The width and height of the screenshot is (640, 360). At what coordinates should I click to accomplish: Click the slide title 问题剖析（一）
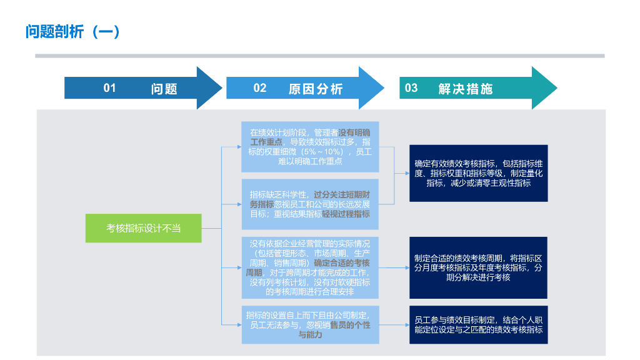[x=72, y=32]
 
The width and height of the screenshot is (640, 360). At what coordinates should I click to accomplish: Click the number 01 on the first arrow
[x=110, y=88]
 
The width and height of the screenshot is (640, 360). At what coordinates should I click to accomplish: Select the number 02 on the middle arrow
[x=260, y=88]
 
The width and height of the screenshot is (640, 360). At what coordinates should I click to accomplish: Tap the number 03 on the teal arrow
[x=411, y=88]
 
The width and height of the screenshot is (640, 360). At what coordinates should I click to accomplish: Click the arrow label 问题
[x=164, y=89]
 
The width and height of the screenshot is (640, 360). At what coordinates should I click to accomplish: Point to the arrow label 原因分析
[x=316, y=89]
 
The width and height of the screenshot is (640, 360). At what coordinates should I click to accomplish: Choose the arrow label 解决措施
[x=466, y=89]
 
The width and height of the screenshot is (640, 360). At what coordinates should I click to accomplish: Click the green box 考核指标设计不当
[x=144, y=228]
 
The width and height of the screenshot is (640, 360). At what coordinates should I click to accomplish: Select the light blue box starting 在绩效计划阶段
[x=310, y=147]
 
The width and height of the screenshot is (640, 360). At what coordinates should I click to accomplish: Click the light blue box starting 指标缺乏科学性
[x=310, y=204]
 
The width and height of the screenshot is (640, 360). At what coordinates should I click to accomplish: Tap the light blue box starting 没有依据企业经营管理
[x=310, y=267]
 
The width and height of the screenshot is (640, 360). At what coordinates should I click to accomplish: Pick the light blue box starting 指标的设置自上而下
[x=310, y=325]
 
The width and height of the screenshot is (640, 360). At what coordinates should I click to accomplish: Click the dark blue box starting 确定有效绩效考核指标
[x=478, y=173]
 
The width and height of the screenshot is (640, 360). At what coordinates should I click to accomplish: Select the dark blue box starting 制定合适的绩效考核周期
[x=478, y=267]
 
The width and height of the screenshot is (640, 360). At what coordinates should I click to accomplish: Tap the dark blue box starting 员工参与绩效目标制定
[x=478, y=325]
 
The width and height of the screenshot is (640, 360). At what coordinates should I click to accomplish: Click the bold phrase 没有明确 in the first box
[x=354, y=132]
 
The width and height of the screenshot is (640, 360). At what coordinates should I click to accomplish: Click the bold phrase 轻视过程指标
[x=346, y=214]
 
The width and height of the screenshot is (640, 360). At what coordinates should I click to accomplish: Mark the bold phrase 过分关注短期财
[x=342, y=194]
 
